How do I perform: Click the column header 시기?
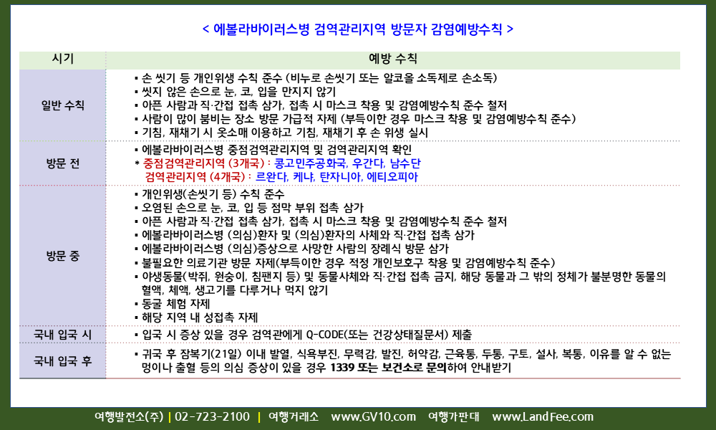[62, 59]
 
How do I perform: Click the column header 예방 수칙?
[392, 59]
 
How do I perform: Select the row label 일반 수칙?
[62, 105]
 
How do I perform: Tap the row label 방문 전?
[62, 163]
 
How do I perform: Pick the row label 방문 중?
[62, 256]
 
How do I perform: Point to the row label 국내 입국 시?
[62, 335]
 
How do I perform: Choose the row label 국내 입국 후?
[62, 361]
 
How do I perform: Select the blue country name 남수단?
[405, 163]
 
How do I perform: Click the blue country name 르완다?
[271, 177]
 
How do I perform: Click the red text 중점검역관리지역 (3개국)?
[203, 163]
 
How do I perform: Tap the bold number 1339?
[342, 368]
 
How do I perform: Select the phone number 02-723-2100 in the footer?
[213, 417]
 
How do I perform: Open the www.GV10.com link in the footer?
[374, 417]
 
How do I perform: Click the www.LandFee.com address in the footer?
[543, 417]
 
